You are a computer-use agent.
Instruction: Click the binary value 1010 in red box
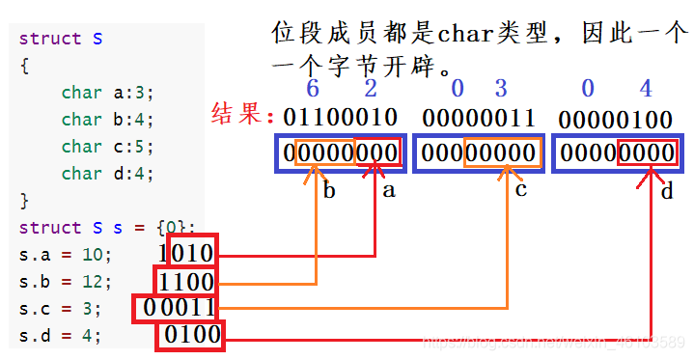point(192,253)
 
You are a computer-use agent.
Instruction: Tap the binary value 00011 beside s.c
point(178,309)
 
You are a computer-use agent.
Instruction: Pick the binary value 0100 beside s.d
point(191,336)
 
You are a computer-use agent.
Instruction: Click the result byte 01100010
point(340,118)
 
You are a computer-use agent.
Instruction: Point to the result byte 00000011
point(479,118)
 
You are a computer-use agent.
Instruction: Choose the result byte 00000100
point(617,119)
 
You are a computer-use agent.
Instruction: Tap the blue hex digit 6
point(312,89)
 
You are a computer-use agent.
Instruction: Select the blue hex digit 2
point(371,89)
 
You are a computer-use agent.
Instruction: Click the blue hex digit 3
point(500,89)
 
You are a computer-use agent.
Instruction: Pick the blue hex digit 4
point(645,89)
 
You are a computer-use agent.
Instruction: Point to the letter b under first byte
point(329,190)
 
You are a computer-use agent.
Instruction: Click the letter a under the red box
point(389,190)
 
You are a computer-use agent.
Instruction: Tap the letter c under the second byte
point(522,189)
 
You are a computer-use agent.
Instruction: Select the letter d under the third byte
point(667,191)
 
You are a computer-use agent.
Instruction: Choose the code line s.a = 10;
point(66,255)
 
